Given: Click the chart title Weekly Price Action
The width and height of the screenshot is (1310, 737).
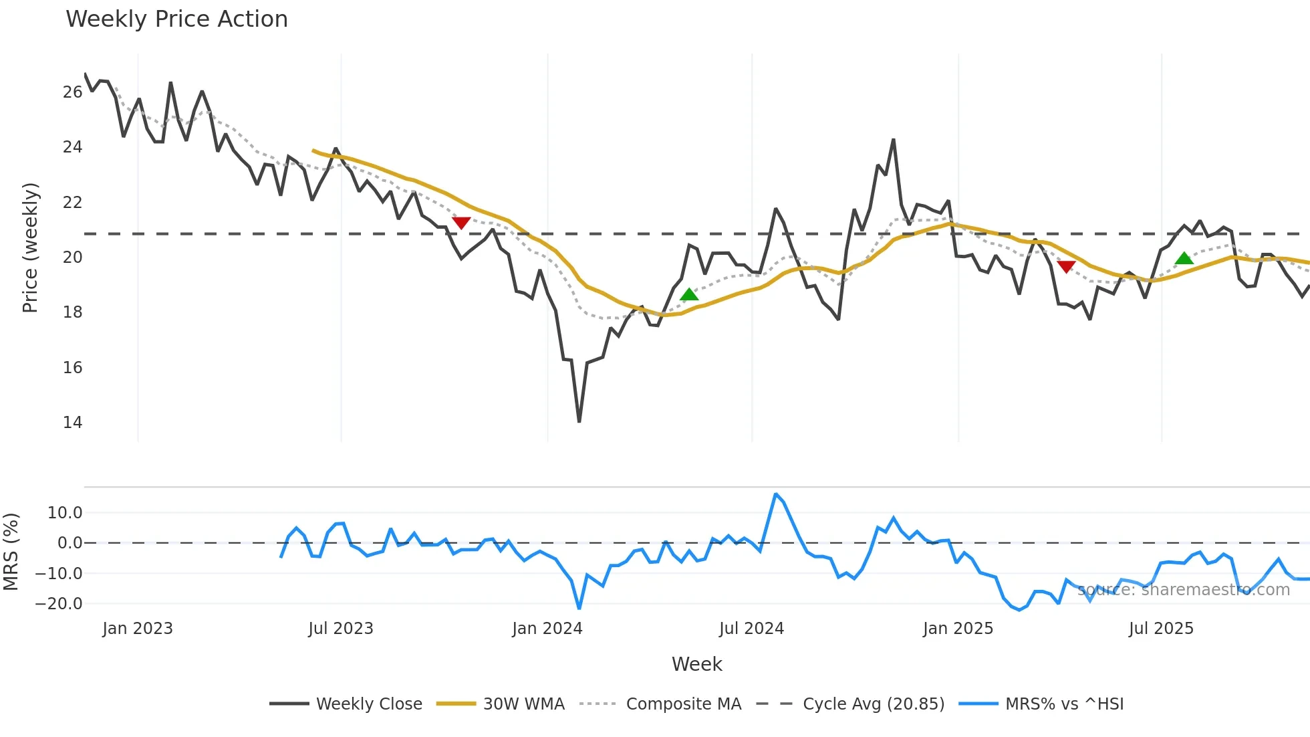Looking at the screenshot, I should [176, 19].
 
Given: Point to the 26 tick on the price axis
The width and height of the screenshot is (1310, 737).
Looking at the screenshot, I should [72, 92].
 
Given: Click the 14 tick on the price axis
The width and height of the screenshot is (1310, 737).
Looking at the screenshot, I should [72, 423].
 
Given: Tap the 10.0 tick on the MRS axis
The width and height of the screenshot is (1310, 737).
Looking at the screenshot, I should [65, 513].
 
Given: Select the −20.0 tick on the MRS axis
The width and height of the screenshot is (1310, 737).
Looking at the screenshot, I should [59, 604].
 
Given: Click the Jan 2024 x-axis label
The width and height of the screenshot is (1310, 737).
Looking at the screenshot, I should [547, 629].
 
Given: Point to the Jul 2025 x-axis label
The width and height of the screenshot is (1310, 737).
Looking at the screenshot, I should [1161, 629].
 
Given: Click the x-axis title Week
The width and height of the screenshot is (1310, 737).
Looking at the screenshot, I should [696, 664].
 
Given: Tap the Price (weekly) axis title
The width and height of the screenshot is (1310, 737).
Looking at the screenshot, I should [30, 247].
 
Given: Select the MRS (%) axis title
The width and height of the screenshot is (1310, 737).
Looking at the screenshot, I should [11, 552].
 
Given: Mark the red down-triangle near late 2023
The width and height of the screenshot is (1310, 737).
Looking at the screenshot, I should [461, 223].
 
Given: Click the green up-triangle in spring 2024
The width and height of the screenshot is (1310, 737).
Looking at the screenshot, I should [689, 294].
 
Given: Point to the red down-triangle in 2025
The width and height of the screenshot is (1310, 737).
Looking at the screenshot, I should [1067, 267].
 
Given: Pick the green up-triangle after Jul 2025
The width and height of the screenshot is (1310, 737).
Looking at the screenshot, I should [1184, 258].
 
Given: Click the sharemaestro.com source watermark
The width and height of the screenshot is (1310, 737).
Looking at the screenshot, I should [1184, 590].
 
